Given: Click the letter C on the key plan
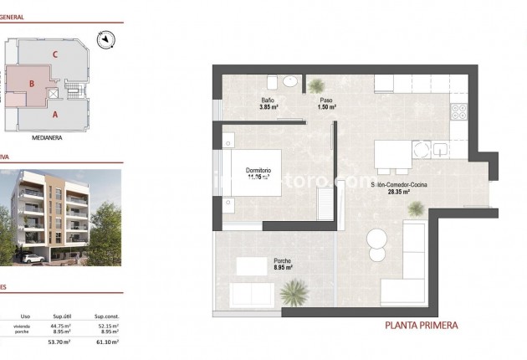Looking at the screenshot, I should tap(54, 55).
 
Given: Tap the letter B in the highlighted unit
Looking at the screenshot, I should tap(31, 83).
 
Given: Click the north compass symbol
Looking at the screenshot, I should tap(105, 38).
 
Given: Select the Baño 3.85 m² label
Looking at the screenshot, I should tap(269, 105).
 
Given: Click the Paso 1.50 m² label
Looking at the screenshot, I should tap(327, 105).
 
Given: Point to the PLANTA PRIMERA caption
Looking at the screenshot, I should tap(421, 326).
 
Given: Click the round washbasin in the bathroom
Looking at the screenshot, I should tap(289, 81).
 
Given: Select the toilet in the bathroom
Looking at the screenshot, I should tap(273, 82).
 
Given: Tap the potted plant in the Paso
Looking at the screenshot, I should tap(317, 85).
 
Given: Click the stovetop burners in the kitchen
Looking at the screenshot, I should tap(460, 108).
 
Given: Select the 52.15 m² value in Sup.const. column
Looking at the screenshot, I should tap(106, 326).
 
